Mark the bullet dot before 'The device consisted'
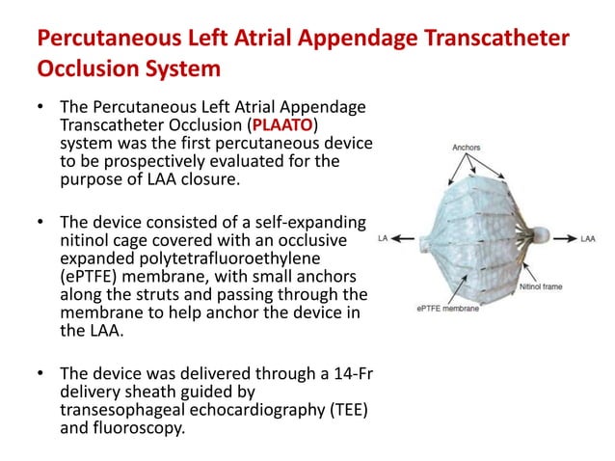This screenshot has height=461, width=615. pos(40,222)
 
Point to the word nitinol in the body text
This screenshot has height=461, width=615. pos(87,239)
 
